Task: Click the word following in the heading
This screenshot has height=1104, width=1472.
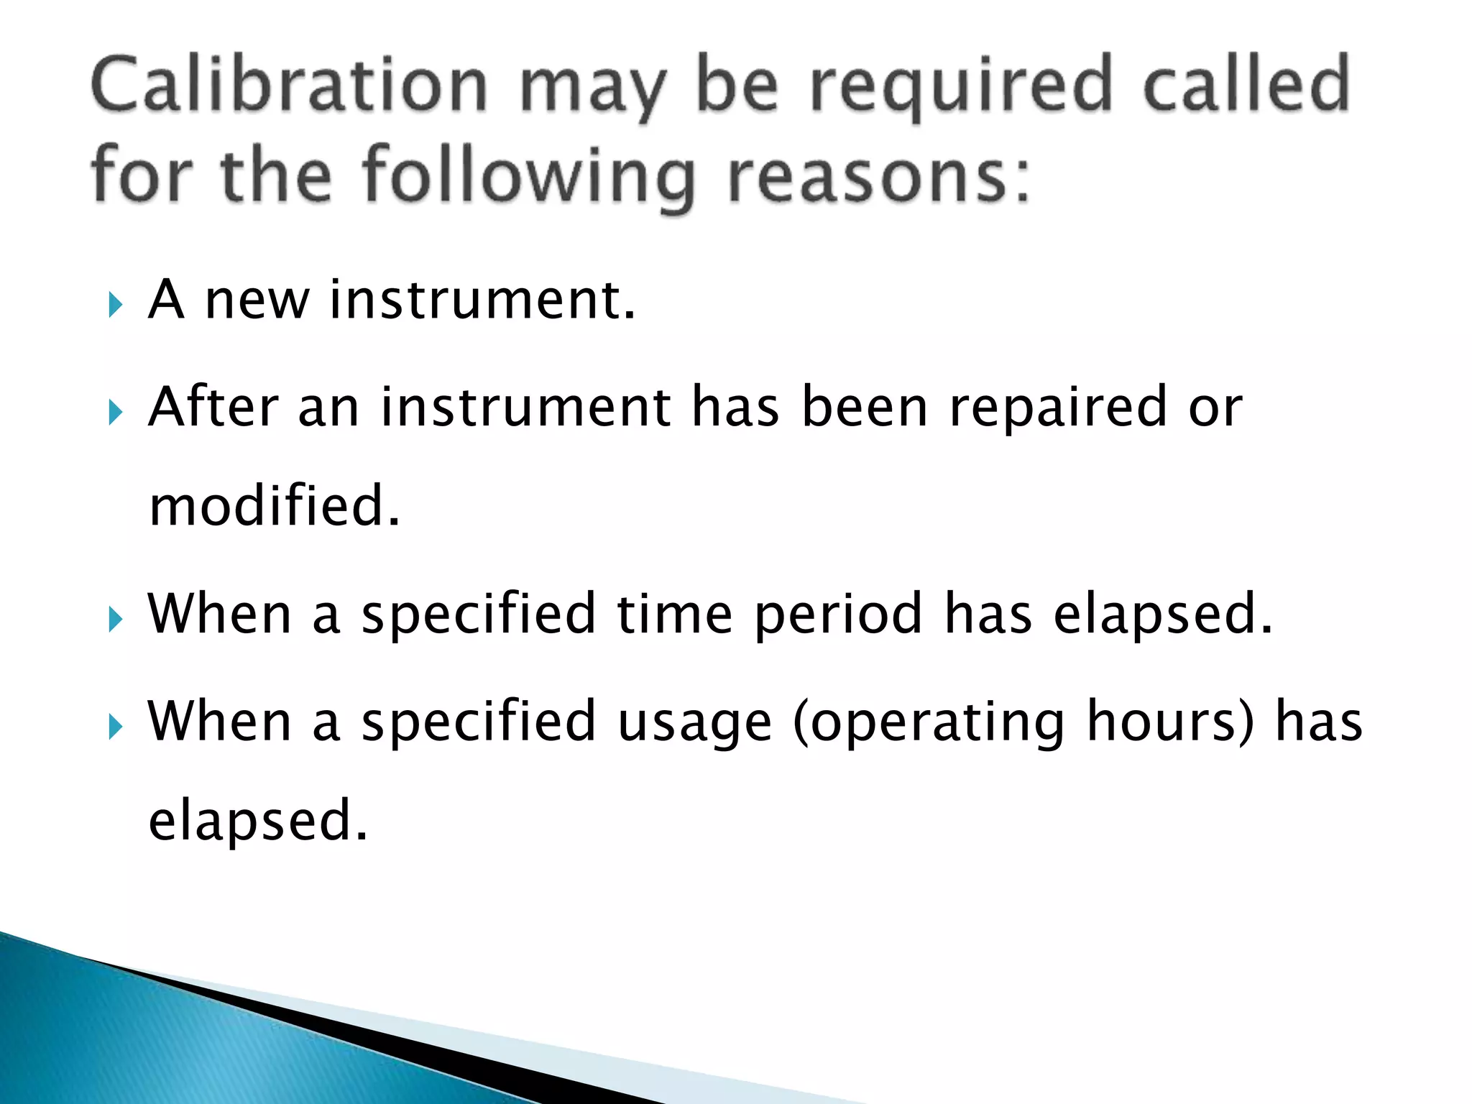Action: (529, 176)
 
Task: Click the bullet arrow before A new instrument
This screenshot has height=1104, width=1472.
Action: (115, 305)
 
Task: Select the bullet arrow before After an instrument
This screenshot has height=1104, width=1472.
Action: (115, 413)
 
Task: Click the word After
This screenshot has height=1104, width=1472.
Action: (213, 407)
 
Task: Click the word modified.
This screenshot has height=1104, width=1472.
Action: (274, 506)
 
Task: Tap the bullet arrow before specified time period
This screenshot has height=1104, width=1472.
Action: (115, 619)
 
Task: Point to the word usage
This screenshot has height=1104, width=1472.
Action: (694, 723)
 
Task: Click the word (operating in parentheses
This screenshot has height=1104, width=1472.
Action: (928, 723)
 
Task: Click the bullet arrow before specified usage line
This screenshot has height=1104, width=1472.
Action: (115, 727)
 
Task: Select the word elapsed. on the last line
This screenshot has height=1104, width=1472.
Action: (257, 821)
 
